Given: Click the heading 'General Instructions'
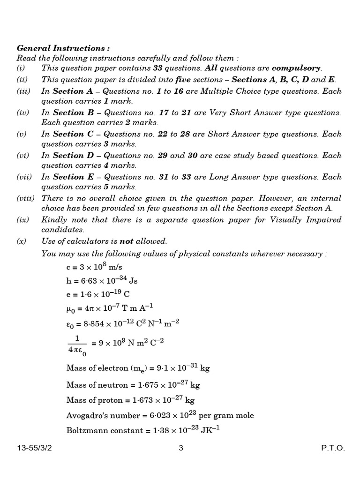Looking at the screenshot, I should tap(63, 48).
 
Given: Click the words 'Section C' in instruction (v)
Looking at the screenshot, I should tap(68, 134).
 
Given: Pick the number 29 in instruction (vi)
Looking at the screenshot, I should tap(163, 156).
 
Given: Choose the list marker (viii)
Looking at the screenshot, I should tap(25, 198).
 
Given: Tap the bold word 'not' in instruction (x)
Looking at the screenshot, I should tap(127, 241).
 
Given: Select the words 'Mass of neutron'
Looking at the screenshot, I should tap(97, 385).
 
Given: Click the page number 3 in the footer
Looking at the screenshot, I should tap(181, 448).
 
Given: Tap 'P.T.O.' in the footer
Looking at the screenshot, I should tap(333, 448).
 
